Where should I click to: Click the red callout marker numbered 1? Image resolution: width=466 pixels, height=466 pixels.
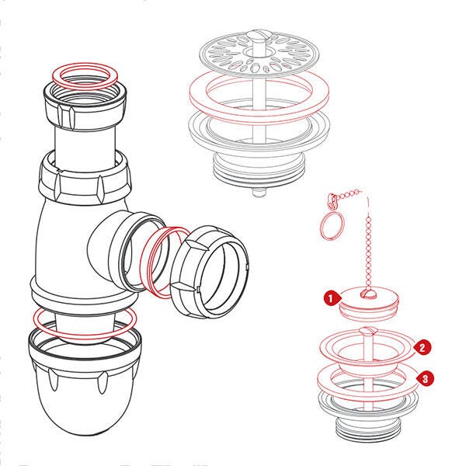coord(331,298)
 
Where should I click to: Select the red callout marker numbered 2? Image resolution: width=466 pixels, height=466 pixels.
coord(422,348)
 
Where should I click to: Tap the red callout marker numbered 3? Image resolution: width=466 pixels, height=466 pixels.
coord(425,379)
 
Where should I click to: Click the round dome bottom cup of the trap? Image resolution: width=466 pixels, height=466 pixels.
coord(85,384)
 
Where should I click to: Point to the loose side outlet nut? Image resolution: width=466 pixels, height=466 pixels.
coord(209,271)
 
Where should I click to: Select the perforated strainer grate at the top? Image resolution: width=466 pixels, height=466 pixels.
coord(259,54)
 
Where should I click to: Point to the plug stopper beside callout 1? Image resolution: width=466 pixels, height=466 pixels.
coord(368,303)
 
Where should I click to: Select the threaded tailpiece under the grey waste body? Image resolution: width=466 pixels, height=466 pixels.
coord(259,167)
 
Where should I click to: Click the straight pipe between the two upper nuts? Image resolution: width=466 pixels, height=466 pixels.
coord(85,143)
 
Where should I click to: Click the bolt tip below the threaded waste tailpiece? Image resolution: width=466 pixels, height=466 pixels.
coord(259,192)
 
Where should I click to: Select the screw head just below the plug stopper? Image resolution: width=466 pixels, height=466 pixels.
coord(368,331)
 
